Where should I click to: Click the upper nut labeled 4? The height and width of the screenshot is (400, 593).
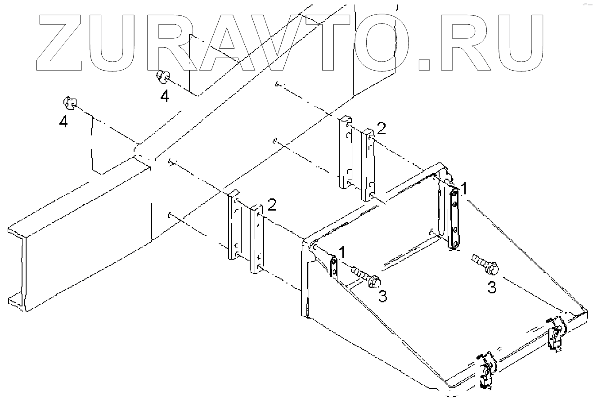pos(162,77)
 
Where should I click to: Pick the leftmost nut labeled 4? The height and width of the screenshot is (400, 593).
pos(69,103)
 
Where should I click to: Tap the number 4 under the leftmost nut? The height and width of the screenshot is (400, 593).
pos(64,121)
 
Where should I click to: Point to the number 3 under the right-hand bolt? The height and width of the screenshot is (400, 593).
pos(492,288)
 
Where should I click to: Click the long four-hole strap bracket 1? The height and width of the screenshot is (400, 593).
pos(455,218)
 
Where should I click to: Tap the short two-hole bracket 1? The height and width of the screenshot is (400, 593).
pos(334,266)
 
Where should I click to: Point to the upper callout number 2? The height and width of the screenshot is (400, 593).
pos(381,130)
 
